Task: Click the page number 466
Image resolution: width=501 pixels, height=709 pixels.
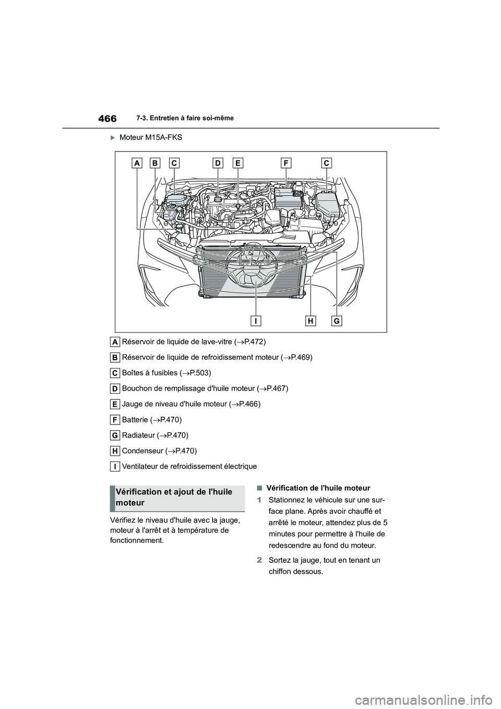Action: pos(107,119)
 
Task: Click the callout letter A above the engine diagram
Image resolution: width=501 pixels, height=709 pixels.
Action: pos(137,163)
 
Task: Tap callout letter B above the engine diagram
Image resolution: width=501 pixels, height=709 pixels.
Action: pos(155,163)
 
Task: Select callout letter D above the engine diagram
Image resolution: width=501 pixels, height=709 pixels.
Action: pos(218,163)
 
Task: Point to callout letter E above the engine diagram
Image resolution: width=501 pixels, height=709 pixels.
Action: pos(237,163)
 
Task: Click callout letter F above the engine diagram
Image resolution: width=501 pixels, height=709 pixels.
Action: pos(286,163)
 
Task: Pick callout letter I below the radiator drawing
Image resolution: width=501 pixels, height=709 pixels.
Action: pos(256,321)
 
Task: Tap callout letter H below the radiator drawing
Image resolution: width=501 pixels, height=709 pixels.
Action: pos(311,321)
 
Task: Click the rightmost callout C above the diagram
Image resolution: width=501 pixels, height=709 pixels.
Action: pos(327,163)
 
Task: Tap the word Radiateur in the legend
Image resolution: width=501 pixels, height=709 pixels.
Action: pos(138,435)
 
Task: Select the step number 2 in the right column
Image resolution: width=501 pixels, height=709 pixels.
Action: pos(259,560)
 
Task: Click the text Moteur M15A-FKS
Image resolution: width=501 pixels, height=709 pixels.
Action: pos(151,137)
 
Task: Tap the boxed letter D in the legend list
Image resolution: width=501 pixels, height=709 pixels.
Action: pos(115,388)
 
